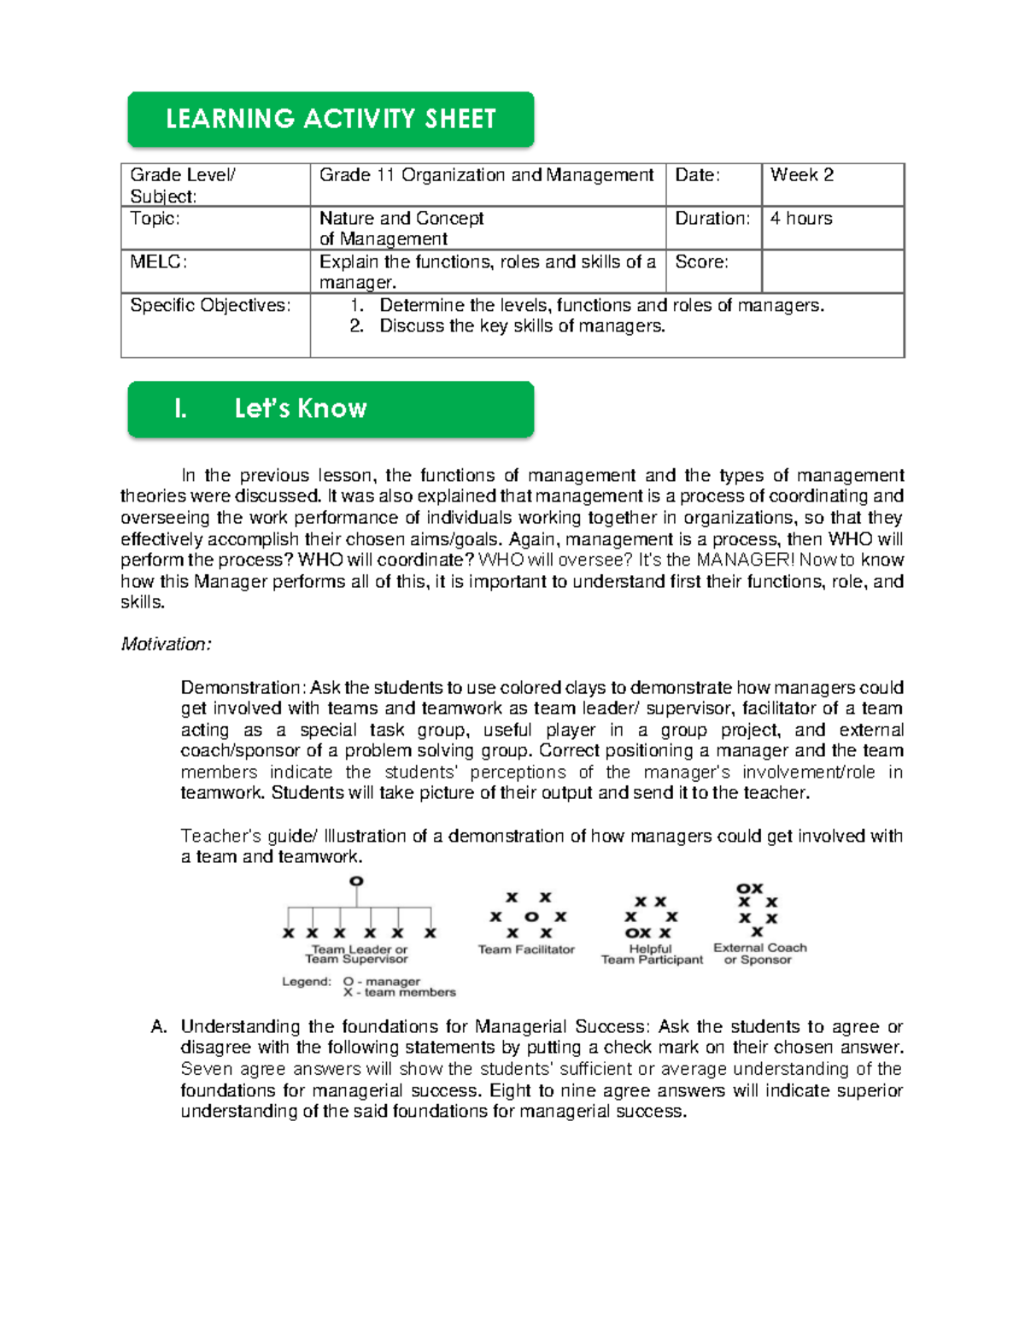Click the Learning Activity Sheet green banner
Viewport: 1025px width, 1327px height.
click(x=331, y=119)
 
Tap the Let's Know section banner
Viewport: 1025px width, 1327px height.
click(x=331, y=408)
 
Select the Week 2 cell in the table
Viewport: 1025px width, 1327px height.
click(x=832, y=185)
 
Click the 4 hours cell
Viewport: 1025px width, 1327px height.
click(x=832, y=228)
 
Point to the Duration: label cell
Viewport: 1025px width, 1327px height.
click(x=712, y=219)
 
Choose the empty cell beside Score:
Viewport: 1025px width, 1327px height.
click(x=832, y=272)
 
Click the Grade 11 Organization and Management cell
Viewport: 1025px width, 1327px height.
click(x=487, y=176)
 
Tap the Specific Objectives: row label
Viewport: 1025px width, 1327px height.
click(x=210, y=306)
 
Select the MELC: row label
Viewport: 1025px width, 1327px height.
click(x=159, y=262)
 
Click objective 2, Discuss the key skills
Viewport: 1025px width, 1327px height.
click(x=521, y=326)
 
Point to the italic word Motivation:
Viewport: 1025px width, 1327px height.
click(x=166, y=644)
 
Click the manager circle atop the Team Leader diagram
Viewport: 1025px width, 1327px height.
click(x=356, y=881)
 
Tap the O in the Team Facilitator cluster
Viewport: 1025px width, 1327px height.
click(x=531, y=917)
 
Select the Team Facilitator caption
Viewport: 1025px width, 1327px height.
click(x=526, y=949)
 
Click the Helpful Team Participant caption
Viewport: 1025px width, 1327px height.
click(x=652, y=954)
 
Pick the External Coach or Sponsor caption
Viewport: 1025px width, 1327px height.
click(x=759, y=954)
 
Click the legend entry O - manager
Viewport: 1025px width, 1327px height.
click(x=381, y=982)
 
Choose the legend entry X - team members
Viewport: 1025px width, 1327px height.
click(x=399, y=993)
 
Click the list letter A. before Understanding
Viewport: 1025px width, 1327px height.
click(x=159, y=1027)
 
